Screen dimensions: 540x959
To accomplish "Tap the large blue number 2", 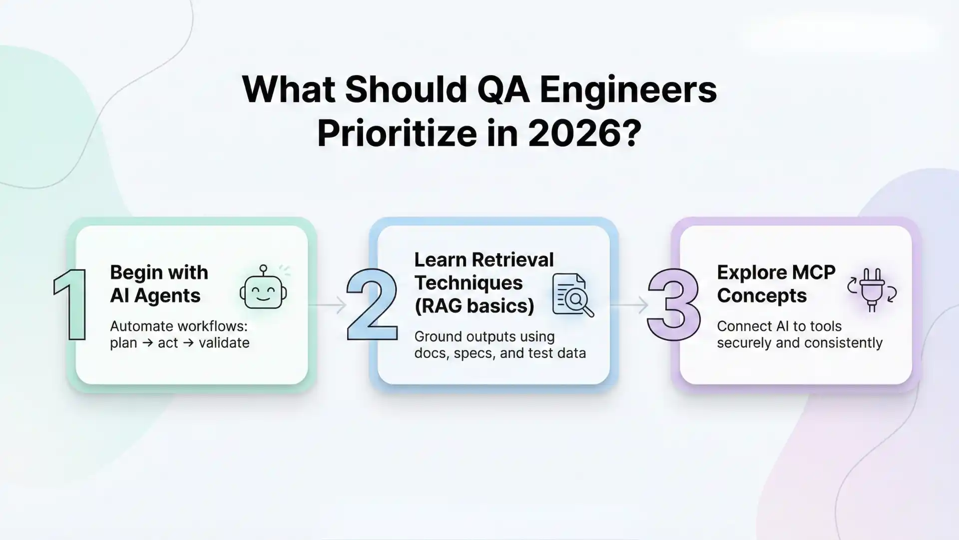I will point(372,304).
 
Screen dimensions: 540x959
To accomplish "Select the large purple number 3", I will point(673,304).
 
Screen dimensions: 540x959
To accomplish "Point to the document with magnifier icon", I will point(572,295).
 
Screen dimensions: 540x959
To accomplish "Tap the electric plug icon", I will point(872,290).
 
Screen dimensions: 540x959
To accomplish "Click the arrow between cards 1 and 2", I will point(328,304).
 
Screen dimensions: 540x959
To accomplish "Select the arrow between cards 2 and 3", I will point(629,304).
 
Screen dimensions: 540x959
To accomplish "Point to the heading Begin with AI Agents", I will point(159,284).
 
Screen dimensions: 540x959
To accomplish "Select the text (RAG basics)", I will point(474,305).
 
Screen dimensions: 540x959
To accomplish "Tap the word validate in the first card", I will point(224,343).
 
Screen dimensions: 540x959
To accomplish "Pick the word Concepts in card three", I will point(762,295).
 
